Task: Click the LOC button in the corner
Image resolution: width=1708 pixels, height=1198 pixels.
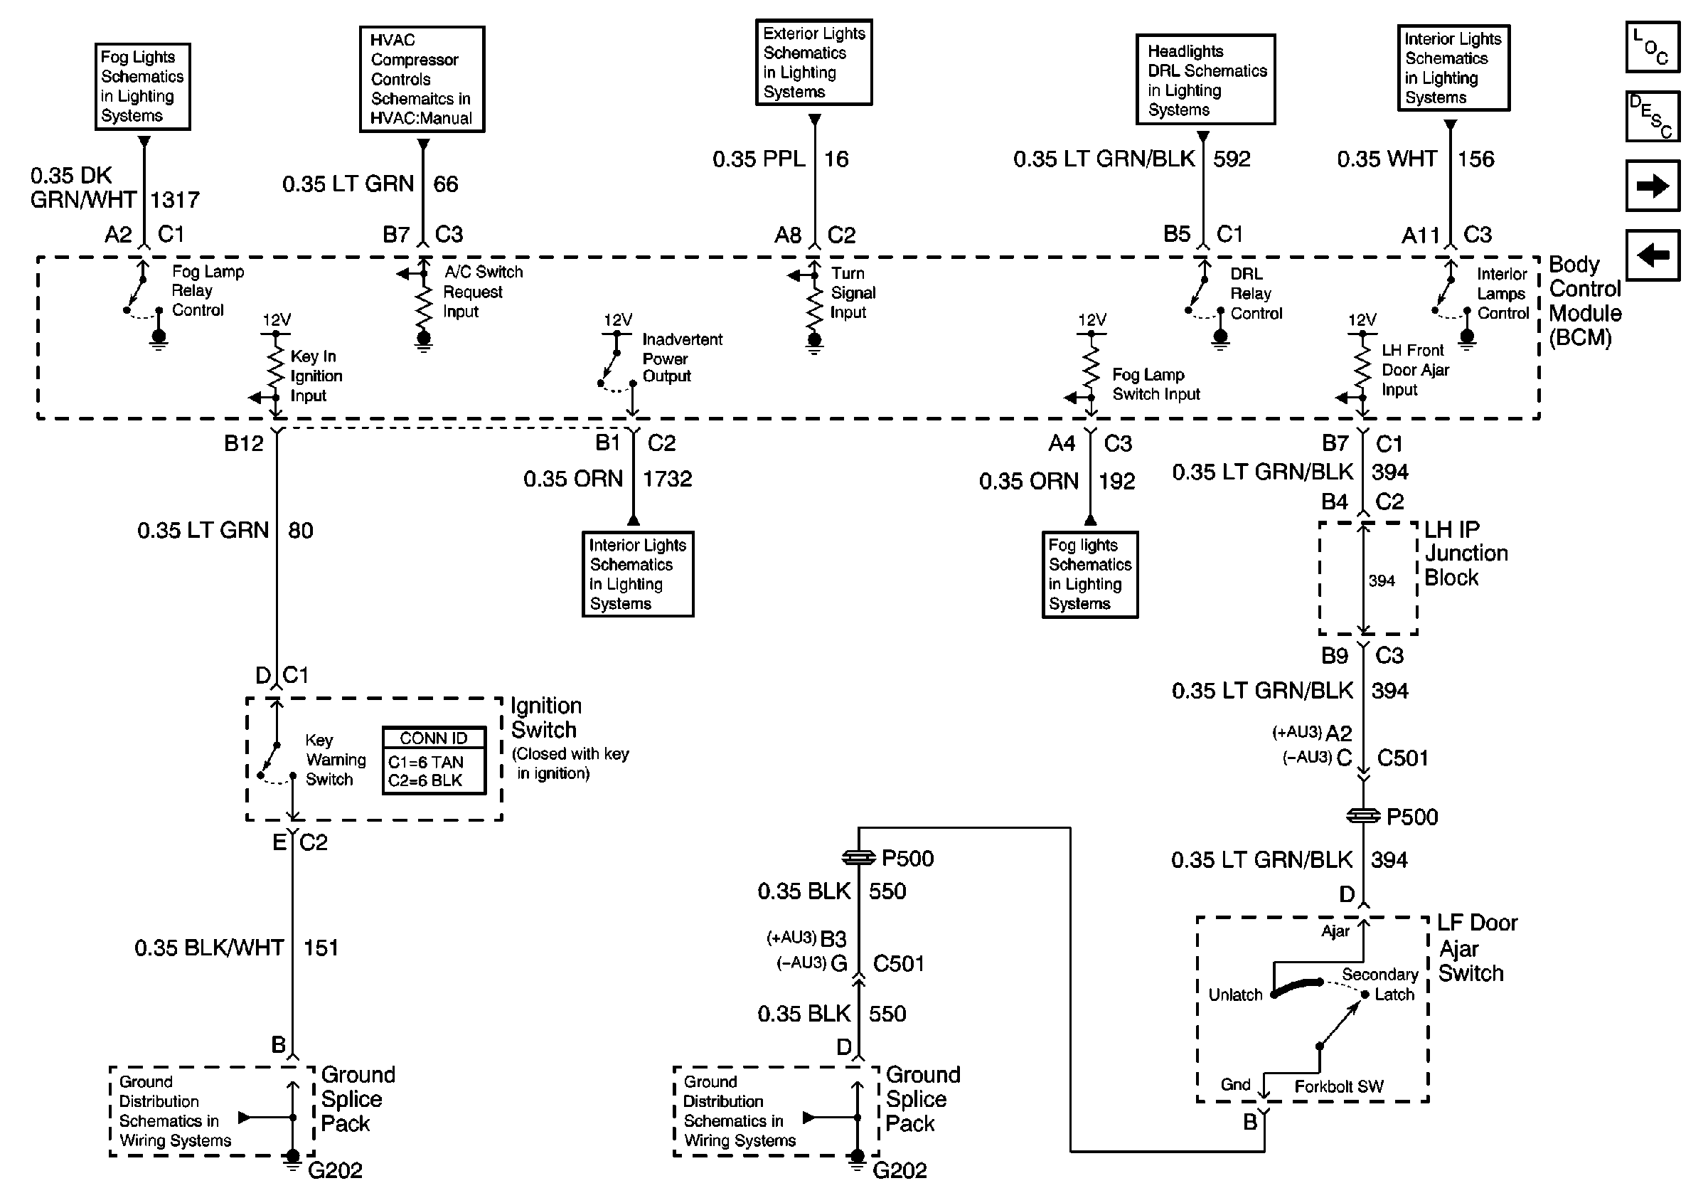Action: (1653, 47)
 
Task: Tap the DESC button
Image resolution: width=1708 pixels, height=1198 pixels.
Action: (1653, 116)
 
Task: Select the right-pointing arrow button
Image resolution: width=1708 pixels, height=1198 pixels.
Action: (1653, 185)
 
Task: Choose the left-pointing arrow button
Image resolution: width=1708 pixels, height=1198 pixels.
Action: (1653, 255)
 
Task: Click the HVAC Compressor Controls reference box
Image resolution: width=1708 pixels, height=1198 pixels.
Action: (422, 79)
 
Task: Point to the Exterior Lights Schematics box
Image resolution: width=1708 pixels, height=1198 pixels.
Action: (814, 63)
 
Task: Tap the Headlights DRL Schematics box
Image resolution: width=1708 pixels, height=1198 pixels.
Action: (1206, 80)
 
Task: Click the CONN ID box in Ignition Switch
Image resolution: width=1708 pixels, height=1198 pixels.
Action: (434, 760)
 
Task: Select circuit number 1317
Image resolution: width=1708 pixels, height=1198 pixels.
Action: (175, 199)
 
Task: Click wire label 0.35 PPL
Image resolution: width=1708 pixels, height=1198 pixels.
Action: (759, 159)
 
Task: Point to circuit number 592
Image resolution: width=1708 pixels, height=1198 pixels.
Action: (1232, 159)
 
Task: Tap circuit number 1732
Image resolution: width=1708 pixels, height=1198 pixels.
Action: (667, 479)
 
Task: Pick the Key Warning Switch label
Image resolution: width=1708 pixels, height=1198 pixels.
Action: (336, 760)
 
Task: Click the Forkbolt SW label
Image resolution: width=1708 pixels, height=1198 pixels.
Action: (1339, 1086)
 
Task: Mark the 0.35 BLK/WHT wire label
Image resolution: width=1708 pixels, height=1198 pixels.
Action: (209, 948)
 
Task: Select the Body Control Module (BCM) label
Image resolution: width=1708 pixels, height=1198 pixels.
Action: (1584, 301)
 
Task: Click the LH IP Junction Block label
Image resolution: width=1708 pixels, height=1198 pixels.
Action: (1466, 553)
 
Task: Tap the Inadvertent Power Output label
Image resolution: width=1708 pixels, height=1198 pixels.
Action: (682, 358)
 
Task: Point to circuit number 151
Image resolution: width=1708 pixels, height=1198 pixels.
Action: (321, 948)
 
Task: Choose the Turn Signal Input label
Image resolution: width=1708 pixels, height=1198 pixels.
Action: (853, 292)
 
